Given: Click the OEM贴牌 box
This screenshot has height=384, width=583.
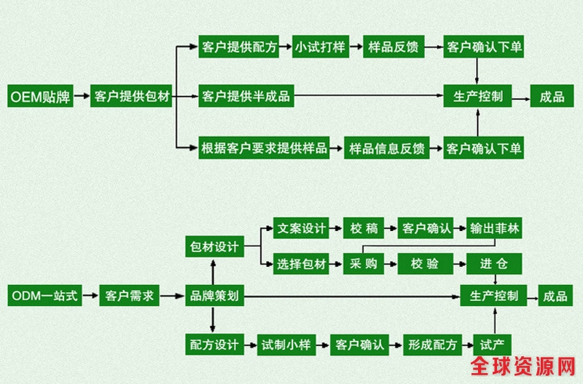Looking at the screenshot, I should click(x=41, y=96).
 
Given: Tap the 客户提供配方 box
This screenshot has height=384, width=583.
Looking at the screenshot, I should click(x=239, y=48).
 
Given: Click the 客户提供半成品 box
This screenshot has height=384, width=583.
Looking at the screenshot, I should click(x=246, y=96).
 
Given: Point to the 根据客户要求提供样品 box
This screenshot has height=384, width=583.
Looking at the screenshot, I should click(x=264, y=149).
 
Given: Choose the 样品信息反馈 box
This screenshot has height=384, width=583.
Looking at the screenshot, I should click(x=386, y=149).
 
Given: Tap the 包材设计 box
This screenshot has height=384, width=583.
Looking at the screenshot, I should click(x=214, y=247).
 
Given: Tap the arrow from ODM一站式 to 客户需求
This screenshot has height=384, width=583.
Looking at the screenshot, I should click(x=88, y=296).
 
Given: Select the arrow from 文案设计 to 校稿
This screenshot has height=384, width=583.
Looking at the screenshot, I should click(x=336, y=227).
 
